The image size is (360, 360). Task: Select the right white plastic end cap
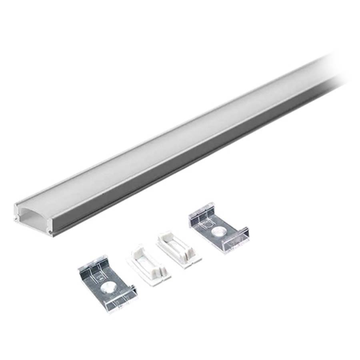click(179, 248)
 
